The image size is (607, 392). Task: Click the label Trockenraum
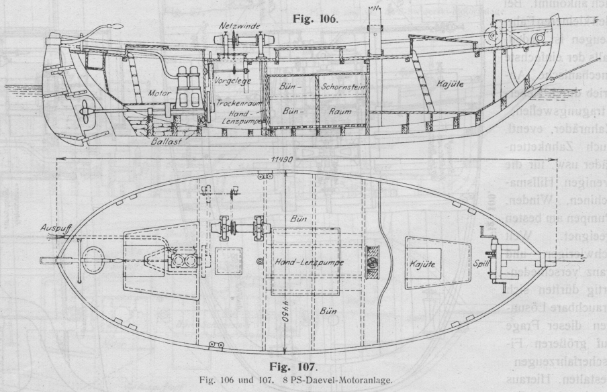tap(237, 105)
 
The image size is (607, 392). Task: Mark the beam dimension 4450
tap(287, 316)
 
